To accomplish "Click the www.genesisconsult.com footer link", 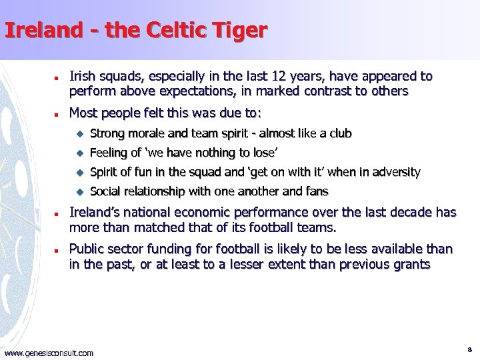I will click(49, 353).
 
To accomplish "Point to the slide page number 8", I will click(469, 349).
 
